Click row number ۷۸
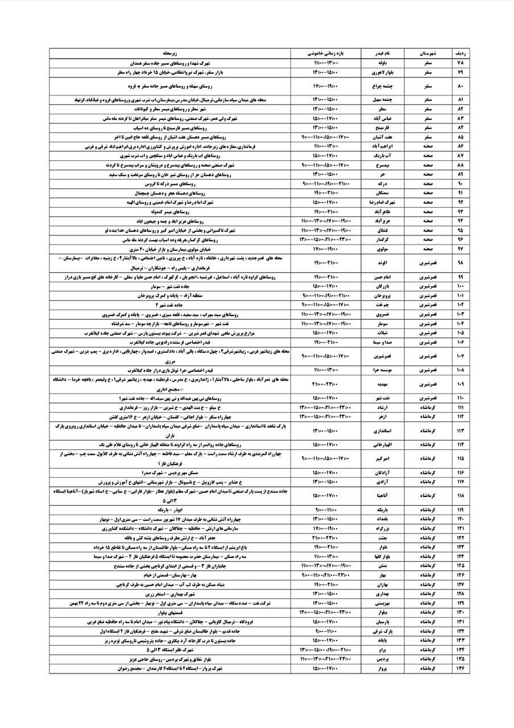click(461, 63)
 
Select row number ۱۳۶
click(461, 669)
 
